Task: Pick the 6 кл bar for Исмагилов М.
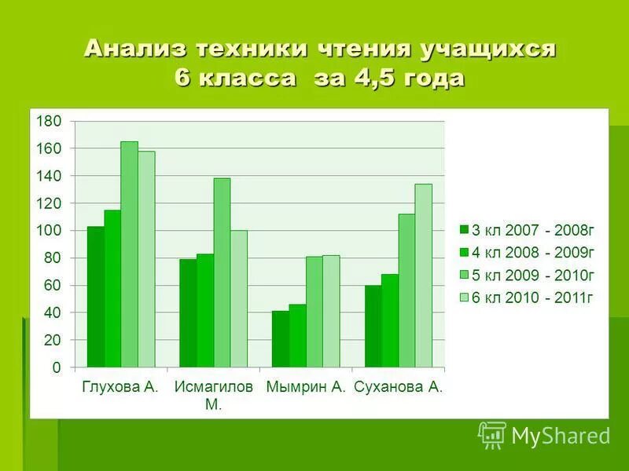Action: tap(238, 299)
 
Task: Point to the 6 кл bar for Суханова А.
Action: tap(423, 276)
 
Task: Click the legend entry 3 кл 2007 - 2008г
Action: tap(527, 230)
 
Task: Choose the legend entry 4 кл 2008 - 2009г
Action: tap(527, 252)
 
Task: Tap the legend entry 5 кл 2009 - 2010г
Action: tap(527, 275)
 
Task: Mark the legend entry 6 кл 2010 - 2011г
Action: tap(527, 297)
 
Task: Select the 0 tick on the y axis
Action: tap(56, 367)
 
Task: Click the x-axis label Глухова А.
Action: tap(120, 387)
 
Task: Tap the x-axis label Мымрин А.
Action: tap(306, 387)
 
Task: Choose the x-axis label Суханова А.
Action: tap(399, 387)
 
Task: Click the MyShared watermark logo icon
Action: tap(491, 434)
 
